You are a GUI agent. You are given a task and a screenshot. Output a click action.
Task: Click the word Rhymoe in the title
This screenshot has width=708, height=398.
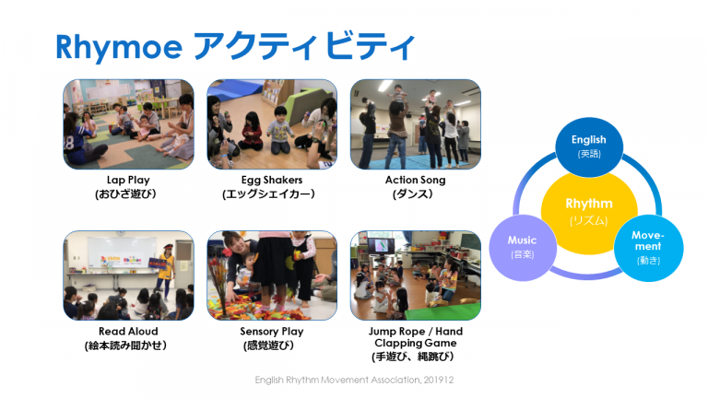pos(119,47)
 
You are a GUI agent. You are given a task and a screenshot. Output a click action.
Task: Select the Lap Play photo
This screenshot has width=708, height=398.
pos(129,124)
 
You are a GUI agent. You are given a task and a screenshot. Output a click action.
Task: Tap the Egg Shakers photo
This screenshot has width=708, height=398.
pos(272,124)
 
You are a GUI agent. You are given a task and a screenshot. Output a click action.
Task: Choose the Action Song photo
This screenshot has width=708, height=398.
pos(416,124)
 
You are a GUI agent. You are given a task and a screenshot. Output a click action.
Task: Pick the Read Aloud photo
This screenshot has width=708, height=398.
pos(129,275)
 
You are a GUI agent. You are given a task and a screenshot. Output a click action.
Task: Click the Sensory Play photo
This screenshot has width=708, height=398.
pos(272,275)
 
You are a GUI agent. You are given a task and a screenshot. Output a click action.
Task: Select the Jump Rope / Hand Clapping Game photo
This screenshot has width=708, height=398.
pos(416,275)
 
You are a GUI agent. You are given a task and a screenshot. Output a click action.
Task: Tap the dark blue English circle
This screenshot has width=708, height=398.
pos(589,146)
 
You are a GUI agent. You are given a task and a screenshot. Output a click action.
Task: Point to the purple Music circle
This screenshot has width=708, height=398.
pos(523,248)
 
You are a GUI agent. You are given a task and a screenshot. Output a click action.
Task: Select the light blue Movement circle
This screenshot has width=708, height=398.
pos(648,248)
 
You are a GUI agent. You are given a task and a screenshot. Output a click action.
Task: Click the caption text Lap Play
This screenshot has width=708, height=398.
pos(128,180)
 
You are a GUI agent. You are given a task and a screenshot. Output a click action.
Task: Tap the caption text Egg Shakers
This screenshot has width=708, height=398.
pos(272,180)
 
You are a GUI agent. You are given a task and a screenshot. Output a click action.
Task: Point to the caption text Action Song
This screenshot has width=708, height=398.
pos(416,180)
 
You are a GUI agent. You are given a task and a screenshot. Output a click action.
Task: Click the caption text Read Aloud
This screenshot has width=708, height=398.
pos(128,332)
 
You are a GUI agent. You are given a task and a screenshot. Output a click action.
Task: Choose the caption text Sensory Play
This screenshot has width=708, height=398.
pos(272,332)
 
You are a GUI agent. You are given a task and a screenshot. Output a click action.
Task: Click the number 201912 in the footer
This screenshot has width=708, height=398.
pos(439,380)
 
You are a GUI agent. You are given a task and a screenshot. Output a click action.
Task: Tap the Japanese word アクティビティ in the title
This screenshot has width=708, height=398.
pos(304,46)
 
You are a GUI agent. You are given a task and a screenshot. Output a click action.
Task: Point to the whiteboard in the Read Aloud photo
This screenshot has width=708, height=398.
pos(121,253)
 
